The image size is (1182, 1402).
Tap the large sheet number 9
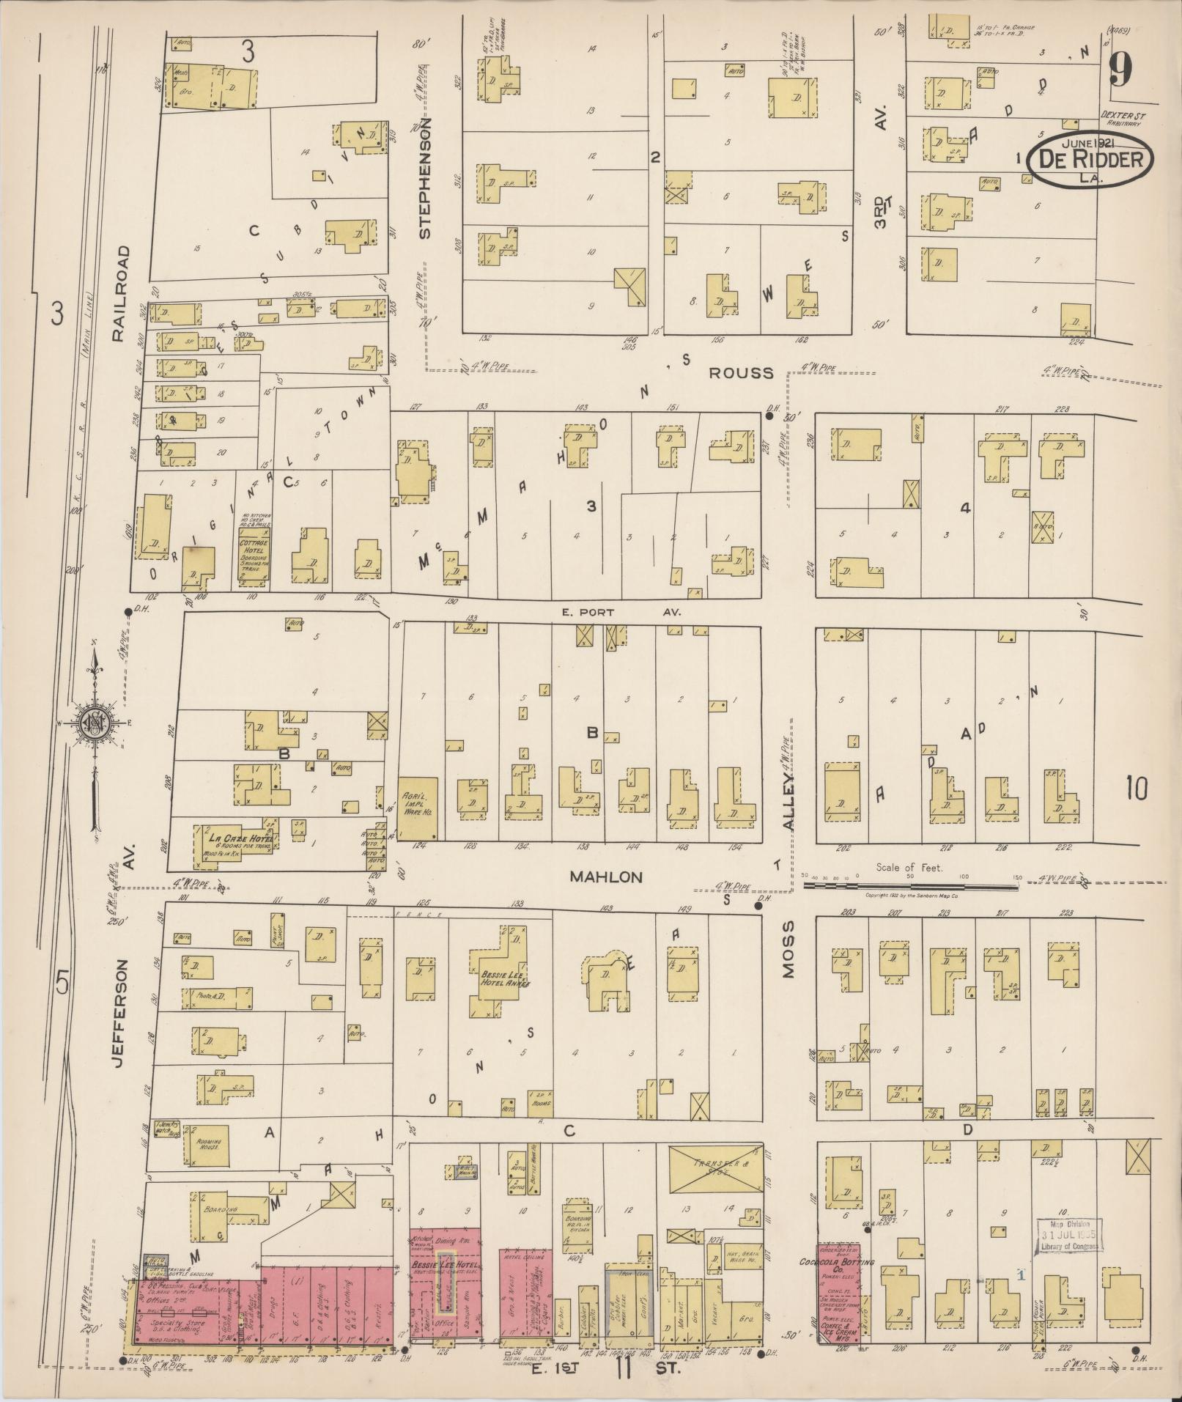[x=1120, y=71]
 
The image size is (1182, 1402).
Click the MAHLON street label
[x=606, y=877]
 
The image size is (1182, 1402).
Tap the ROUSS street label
[x=741, y=373]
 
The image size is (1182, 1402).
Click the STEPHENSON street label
[x=425, y=178]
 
